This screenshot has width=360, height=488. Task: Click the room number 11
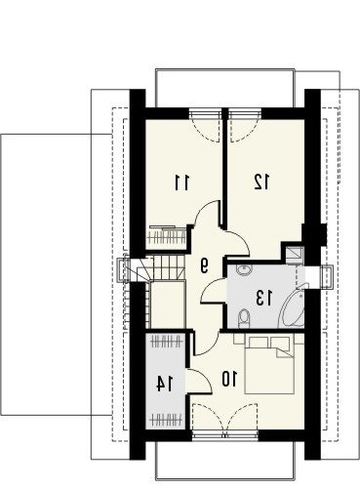[181, 183]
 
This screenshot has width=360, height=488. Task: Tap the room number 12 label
[261, 182]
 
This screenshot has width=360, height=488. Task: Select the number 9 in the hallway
[204, 265]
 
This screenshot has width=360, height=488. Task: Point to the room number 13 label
[264, 298]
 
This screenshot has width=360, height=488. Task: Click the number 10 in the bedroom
[229, 379]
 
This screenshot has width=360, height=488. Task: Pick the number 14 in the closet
[165, 384]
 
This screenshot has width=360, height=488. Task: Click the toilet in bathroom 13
[244, 318]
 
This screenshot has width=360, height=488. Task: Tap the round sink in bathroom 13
[243, 269]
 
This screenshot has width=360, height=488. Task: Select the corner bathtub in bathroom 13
[293, 307]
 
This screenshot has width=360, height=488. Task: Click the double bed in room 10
[269, 365]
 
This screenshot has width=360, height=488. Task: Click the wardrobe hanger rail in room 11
[168, 237]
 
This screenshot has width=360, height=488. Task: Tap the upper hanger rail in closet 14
[167, 343]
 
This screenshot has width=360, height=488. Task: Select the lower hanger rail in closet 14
[167, 419]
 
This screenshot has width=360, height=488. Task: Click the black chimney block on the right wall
[323, 234]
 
